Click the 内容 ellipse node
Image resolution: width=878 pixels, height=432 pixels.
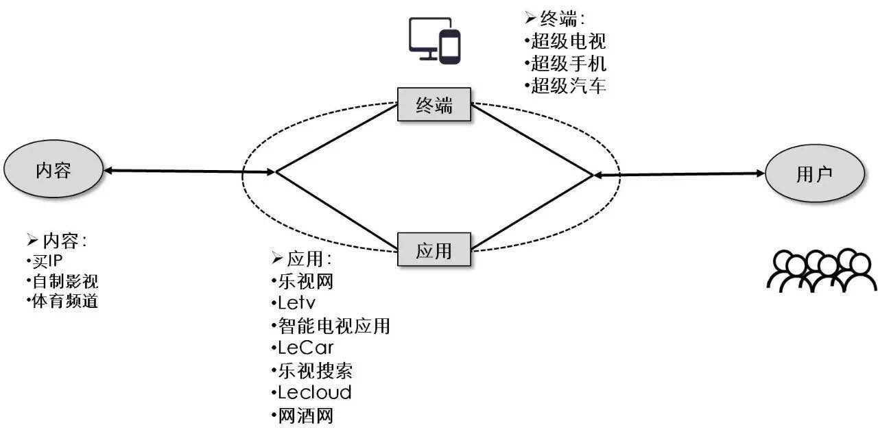click(54, 169)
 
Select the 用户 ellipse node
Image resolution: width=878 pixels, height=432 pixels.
click(814, 173)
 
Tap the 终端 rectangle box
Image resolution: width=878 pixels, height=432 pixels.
click(434, 105)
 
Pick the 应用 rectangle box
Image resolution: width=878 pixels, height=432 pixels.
click(434, 250)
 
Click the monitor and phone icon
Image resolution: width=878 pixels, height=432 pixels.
click(435, 40)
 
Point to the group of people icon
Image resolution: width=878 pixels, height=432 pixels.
click(821, 271)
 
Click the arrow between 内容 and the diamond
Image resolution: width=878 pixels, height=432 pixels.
click(189, 171)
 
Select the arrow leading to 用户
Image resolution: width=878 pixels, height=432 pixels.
click(679, 175)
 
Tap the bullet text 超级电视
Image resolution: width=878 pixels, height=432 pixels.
click(569, 41)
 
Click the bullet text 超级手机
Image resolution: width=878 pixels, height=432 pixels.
click(569, 64)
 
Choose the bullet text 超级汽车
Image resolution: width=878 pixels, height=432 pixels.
click(569, 86)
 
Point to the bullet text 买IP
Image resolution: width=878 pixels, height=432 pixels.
click(47, 262)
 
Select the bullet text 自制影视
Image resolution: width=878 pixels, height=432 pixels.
click(64, 281)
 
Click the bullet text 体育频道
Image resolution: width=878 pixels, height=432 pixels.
click(64, 301)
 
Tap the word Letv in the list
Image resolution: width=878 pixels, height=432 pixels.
click(296, 302)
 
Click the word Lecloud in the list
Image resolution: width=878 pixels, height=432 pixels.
click(315, 393)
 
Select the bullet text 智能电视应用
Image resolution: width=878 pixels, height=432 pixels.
click(334, 325)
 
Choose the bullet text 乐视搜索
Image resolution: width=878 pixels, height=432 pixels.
click(316, 370)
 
